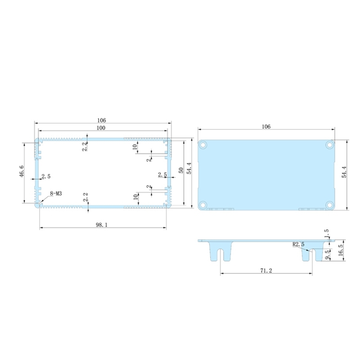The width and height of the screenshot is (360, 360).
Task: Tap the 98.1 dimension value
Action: coord(102,225)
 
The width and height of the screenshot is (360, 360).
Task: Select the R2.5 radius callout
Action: coord(298,244)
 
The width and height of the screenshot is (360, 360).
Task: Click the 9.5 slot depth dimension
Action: coord(328,255)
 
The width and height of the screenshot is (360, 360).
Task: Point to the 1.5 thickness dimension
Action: coord(327,233)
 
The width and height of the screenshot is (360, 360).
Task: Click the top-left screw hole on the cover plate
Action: coord(203,145)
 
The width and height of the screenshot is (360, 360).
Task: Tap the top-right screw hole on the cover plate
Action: coord(330,145)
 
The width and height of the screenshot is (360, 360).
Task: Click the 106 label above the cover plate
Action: coord(266,127)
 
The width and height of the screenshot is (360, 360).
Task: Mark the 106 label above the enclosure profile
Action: coord(102,120)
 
